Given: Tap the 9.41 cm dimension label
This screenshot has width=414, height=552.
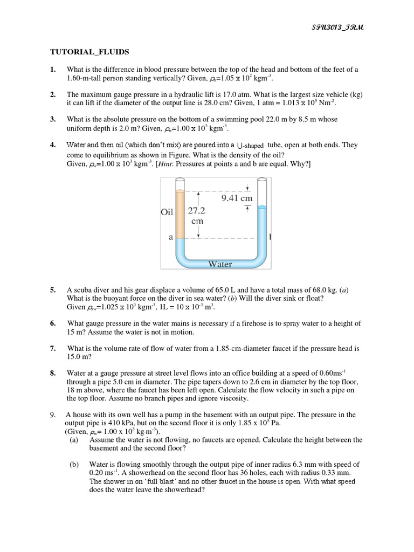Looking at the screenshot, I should coord(237,198).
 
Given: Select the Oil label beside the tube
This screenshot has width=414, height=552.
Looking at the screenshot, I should coord(168,212).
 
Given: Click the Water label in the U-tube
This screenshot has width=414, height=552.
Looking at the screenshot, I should coord(220,264).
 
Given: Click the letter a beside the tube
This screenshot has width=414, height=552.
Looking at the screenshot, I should coord(169,238).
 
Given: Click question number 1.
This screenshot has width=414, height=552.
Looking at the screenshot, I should coord(53,70).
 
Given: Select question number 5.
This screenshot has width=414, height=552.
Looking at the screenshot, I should coord(53,290).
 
